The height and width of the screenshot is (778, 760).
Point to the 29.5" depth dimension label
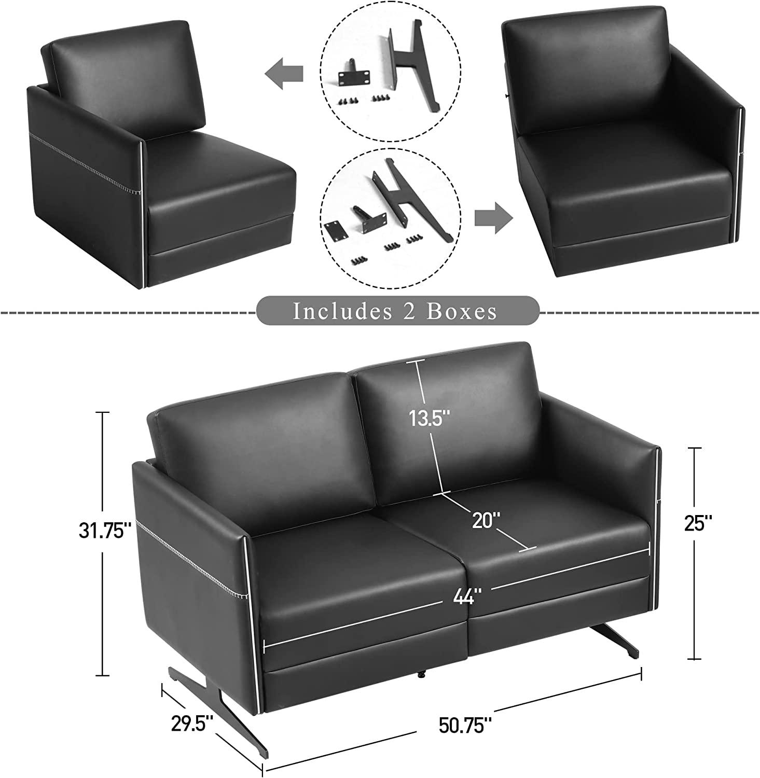[192, 722]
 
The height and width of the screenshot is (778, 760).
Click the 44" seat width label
[464, 598]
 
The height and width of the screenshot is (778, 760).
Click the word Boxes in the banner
[462, 311]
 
